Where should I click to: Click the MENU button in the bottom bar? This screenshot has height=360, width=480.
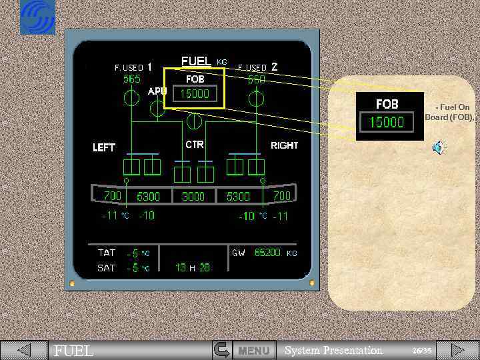point(254,350)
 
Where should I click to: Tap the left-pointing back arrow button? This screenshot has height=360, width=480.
point(23,350)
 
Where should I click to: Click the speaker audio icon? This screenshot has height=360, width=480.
point(438,148)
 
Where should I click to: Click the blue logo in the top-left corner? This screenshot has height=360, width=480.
point(37,17)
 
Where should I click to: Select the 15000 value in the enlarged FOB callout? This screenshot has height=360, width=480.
point(387,122)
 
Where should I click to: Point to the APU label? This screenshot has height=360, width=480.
point(157,91)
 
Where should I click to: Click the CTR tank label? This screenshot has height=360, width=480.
point(194,145)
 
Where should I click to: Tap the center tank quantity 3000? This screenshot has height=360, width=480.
point(193,197)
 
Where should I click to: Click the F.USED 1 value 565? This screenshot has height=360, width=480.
point(132,79)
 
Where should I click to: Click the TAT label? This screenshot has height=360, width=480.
point(107,253)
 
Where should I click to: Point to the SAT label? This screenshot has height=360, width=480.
point(107,268)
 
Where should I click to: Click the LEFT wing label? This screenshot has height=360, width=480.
point(104,147)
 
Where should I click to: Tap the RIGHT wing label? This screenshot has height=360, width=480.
point(284,145)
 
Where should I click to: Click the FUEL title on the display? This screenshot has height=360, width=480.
point(196,61)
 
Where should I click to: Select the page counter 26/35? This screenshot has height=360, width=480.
point(421,351)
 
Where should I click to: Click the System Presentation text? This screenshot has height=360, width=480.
point(333,351)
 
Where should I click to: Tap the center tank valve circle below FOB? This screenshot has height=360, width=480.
point(195,121)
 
